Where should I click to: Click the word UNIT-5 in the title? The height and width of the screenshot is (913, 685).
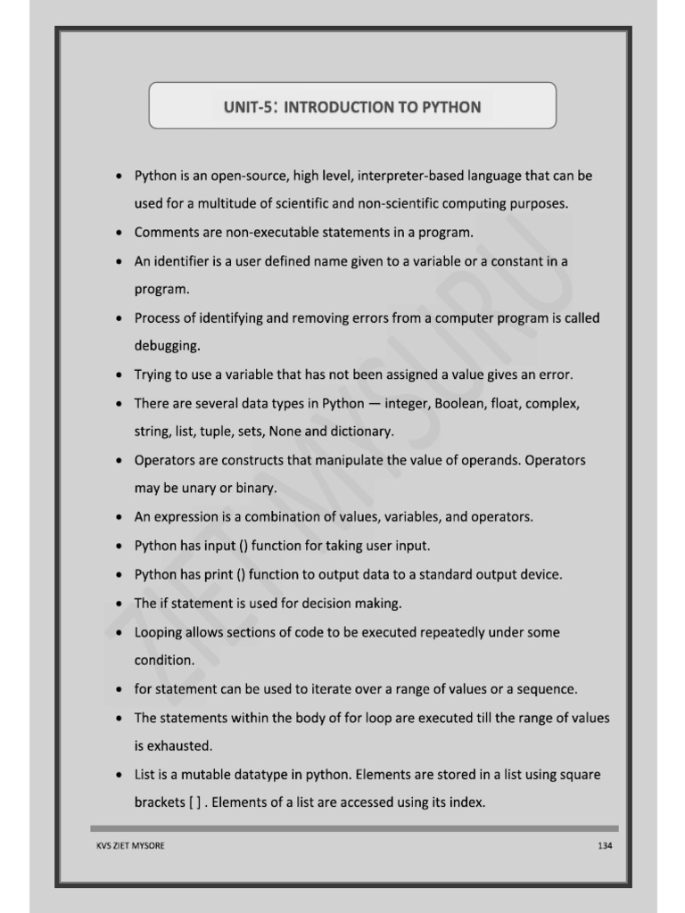click(x=247, y=107)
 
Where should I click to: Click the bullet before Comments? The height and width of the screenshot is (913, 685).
click(x=119, y=233)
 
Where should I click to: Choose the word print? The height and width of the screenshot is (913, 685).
click(x=204, y=574)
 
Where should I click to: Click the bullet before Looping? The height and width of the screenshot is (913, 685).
click(x=119, y=632)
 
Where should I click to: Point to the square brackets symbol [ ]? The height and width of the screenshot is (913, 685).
click(x=194, y=802)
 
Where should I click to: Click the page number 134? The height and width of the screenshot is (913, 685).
click(x=605, y=846)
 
